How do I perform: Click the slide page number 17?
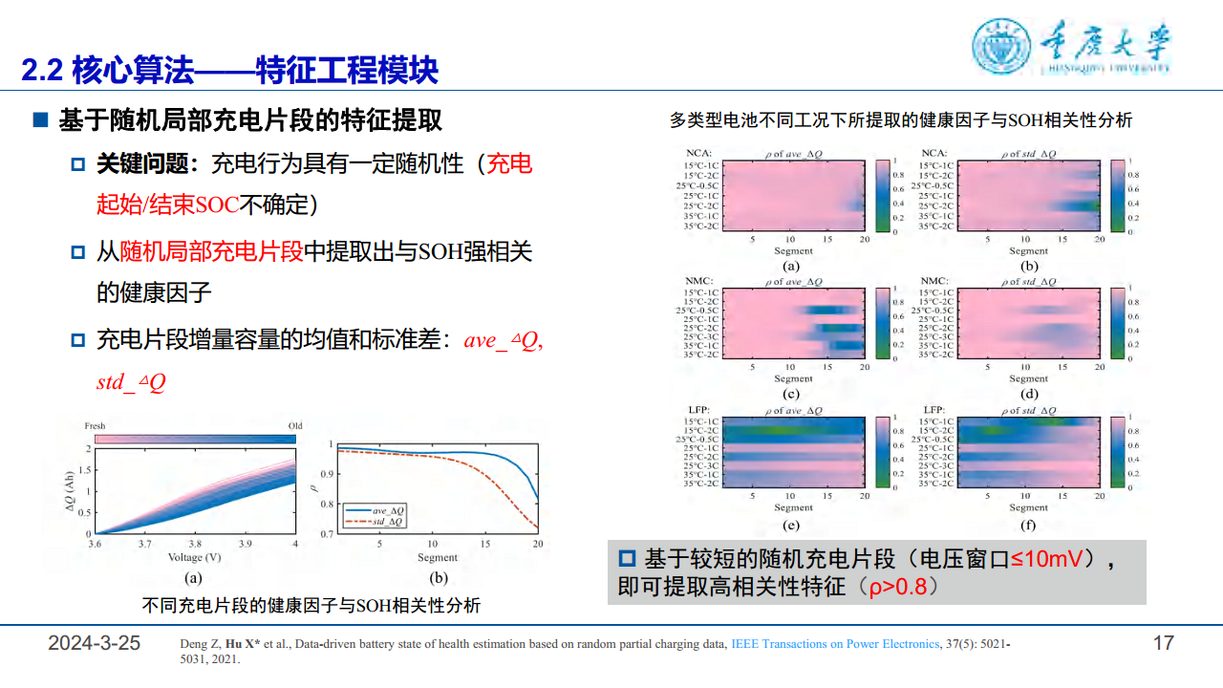tap(1163, 643)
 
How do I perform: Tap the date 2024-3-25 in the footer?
tap(95, 643)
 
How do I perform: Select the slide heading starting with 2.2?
tap(229, 70)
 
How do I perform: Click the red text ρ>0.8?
tap(897, 587)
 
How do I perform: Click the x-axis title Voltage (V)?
tap(194, 557)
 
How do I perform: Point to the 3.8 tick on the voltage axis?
tap(194, 543)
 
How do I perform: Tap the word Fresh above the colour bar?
tap(95, 426)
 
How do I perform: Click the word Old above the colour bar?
tap(294, 426)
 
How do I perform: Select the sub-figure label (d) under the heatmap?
tap(1029, 394)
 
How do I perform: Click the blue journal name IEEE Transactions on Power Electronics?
tap(835, 644)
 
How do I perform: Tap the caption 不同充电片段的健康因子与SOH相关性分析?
tap(311, 606)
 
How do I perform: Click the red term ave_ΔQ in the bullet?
tap(503, 341)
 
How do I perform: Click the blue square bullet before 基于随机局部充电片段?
tap(40, 120)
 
